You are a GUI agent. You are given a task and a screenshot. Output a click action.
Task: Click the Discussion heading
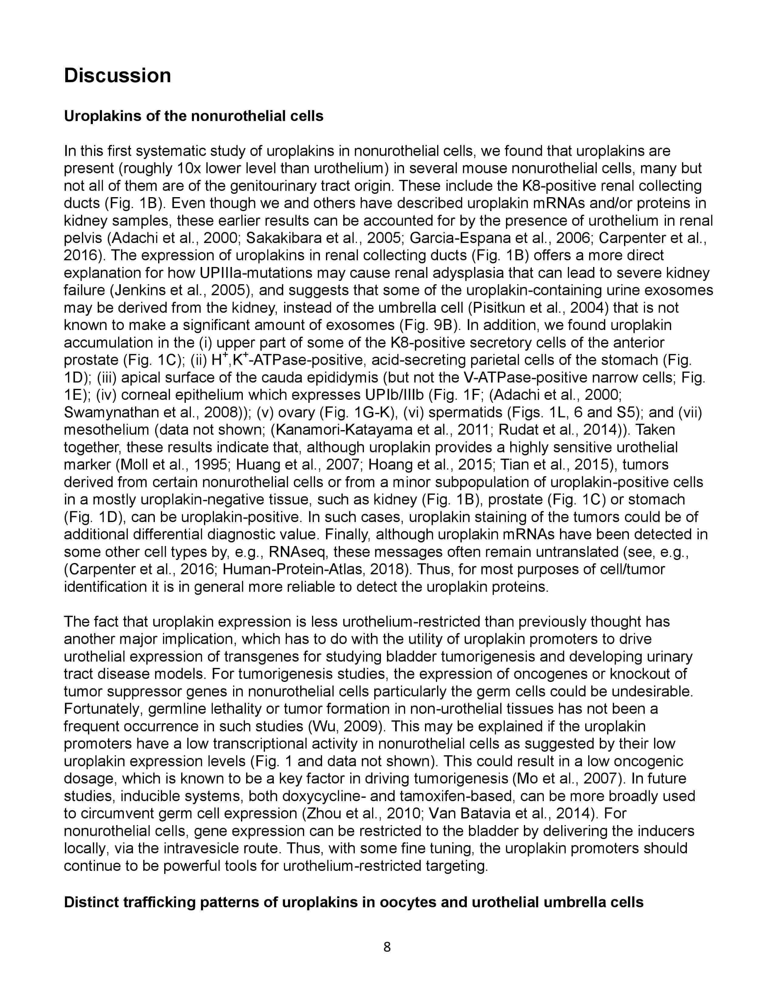tap(117, 76)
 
